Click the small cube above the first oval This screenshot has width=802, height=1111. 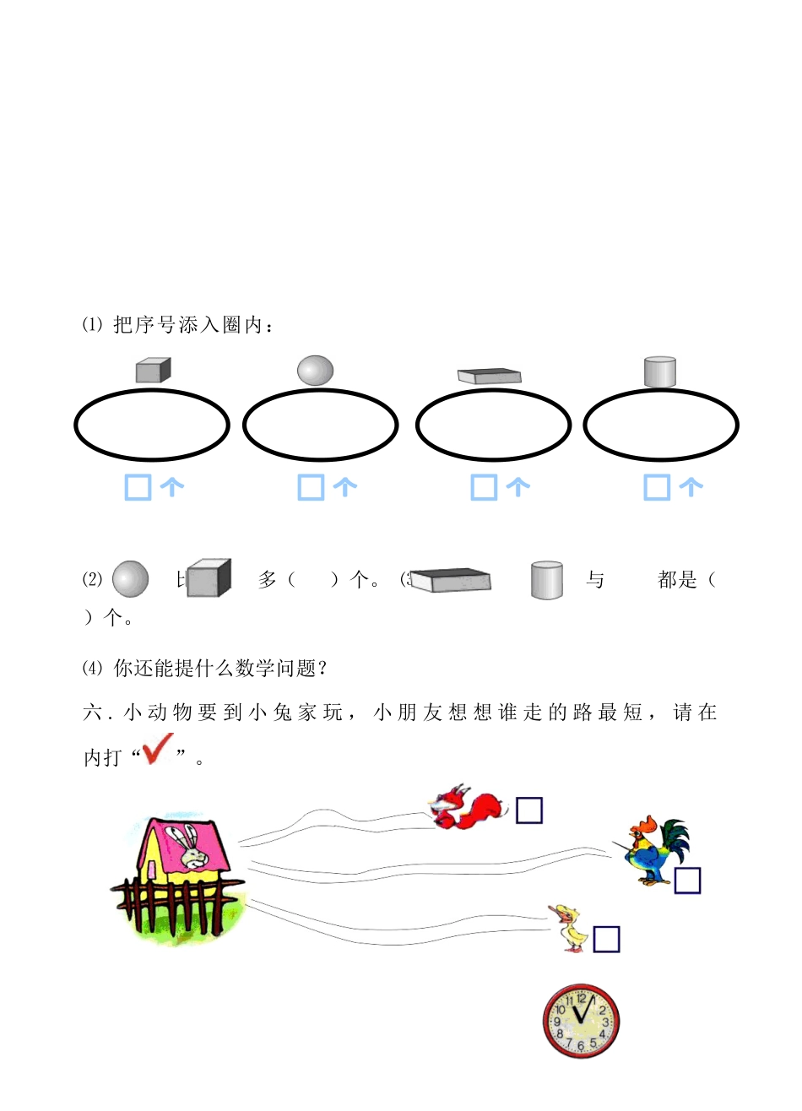153,370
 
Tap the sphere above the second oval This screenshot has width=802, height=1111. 316,370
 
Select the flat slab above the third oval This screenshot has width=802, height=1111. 489,375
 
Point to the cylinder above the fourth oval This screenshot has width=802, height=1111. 659,371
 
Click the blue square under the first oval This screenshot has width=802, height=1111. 138,487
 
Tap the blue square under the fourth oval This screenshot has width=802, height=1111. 657,487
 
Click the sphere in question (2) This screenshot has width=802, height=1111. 130,579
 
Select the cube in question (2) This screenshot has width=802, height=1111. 209,578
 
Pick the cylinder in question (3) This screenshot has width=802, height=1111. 547,580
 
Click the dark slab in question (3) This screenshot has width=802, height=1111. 451,579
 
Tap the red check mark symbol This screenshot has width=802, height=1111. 157,750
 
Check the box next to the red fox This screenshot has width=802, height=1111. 529,810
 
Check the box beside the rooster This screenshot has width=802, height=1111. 687,881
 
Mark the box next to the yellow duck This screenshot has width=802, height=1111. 606,939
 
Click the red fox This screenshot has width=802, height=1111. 467,807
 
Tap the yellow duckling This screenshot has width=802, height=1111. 572,928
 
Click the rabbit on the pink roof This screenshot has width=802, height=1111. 191,848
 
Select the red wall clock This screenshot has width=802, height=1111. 581,1021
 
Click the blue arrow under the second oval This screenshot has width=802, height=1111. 345,486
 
